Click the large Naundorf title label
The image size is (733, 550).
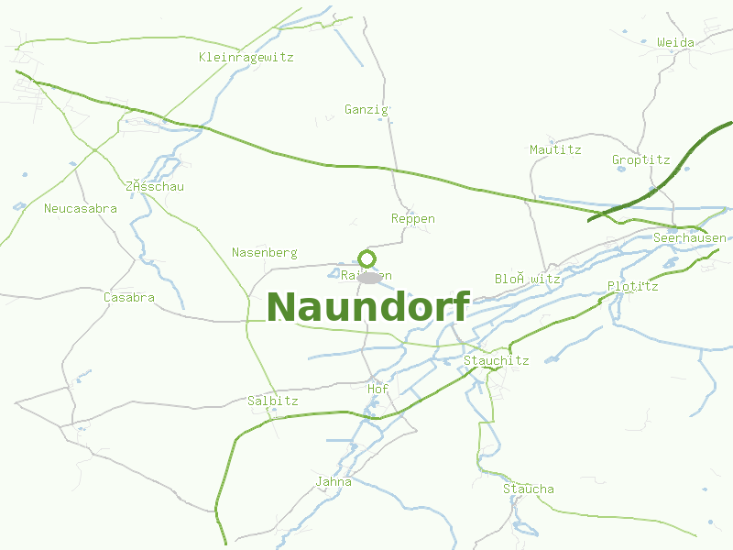coord(368,307)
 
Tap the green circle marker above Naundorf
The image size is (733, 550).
coord(366,258)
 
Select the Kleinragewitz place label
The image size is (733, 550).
coord(246,57)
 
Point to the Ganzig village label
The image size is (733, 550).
coord(366,109)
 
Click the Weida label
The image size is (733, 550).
coord(675,42)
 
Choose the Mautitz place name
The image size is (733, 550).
coord(555,149)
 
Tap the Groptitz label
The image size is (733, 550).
coord(640,159)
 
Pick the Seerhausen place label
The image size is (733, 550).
coord(689,237)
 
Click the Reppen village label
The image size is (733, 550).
coord(412,219)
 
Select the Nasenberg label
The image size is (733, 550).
coord(264,252)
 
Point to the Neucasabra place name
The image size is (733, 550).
coord(81,208)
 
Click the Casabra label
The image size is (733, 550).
coord(128,297)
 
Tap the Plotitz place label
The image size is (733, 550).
coord(632,286)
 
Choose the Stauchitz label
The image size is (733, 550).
coord(496,360)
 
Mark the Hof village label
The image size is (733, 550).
coord(377,389)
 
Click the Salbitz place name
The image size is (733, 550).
coord(272,401)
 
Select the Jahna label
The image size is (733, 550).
coord(333,481)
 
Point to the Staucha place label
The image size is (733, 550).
coord(528,489)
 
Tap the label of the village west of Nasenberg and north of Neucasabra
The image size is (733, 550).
coord(155,186)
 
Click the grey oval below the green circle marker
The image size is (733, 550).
coord(369,278)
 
